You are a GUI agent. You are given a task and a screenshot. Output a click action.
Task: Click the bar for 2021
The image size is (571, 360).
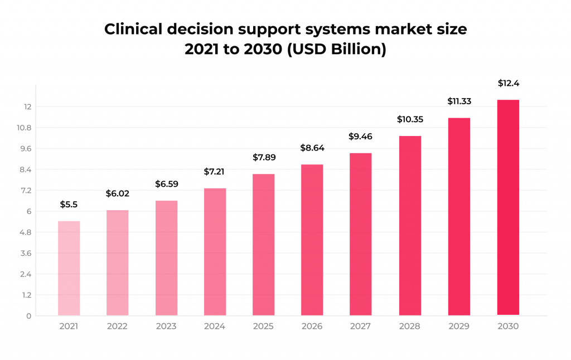(x=69, y=268)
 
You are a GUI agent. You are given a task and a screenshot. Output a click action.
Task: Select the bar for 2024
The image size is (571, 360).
(x=215, y=252)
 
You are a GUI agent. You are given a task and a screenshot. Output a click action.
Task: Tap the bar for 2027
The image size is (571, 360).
(x=361, y=234)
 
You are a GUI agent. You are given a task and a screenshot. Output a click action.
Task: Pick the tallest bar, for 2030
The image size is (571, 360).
(x=507, y=207)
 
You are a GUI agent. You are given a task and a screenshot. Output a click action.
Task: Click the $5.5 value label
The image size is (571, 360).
(x=69, y=205)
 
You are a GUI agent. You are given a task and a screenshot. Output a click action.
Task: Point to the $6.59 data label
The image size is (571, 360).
(x=166, y=183)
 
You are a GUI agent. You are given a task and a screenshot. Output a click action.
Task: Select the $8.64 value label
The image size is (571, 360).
(x=312, y=148)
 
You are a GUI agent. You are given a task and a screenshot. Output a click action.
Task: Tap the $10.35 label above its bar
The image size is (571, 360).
(x=410, y=119)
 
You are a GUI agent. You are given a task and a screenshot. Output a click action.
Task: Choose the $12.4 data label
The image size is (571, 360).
(x=507, y=84)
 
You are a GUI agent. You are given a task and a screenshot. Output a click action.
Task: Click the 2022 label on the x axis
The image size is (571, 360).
(x=118, y=327)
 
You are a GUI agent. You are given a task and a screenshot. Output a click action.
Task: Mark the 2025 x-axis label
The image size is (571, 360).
(x=263, y=327)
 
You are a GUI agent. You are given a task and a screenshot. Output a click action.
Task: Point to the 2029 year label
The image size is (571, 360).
(x=458, y=327)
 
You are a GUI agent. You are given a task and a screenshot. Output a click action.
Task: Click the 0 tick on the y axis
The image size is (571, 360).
(x=28, y=316)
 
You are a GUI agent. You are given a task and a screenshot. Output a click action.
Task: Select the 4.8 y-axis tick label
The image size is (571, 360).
(x=25, y=232)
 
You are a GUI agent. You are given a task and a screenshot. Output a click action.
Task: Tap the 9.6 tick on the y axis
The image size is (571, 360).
(x=25, y=149)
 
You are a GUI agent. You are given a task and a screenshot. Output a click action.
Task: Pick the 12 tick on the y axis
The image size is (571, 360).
(x=27, y=107)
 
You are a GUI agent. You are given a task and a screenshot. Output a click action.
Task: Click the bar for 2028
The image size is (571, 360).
(x=410, y=226)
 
